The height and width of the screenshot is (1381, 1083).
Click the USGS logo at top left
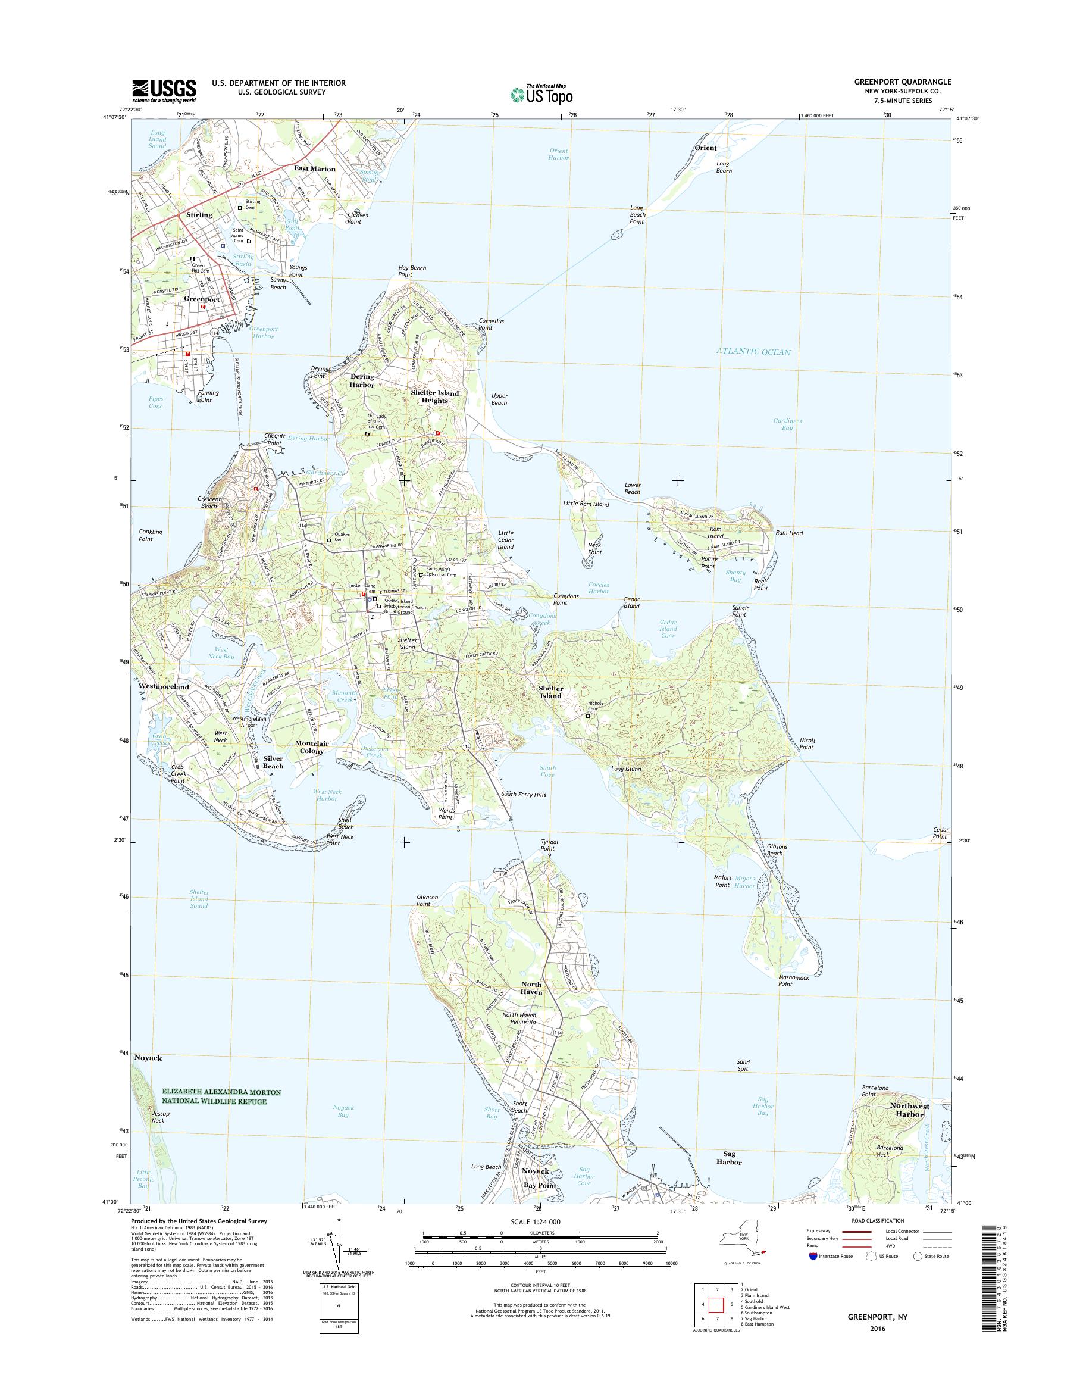point(164,90)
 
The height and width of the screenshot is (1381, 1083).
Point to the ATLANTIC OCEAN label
point(754,351)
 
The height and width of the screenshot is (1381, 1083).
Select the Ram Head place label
point(789,533)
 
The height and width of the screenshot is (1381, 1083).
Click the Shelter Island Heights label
point(434,396)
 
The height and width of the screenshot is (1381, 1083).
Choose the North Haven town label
point(531,988)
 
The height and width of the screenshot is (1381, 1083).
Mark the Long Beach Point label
point(637,214)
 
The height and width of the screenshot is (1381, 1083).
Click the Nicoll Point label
point(806,743)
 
